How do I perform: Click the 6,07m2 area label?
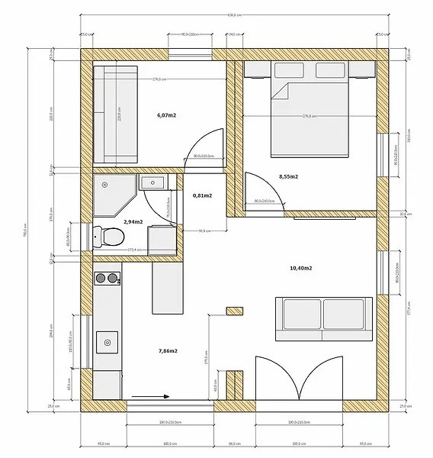coord(167,114)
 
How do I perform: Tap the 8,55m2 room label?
coord(288,176)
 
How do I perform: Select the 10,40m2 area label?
coord(302,268)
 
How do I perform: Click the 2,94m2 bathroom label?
coord(133,221)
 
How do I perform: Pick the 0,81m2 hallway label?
coord(202,195)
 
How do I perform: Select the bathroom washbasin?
coord(154,182)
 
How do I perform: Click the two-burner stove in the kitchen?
coord(107,278)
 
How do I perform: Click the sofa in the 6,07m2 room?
coord(116,114)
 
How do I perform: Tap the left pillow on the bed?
coord(287,72)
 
